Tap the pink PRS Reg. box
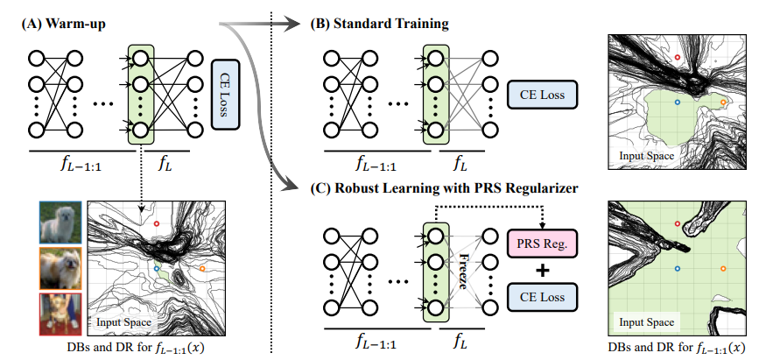pyautogui.click(x=543, y=243)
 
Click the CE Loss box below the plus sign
pyautogui.click(x=543, y=297)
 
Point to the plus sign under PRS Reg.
pyautogui.click(x=543, y=270)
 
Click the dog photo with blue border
pyautogui.click(x=58, y=222)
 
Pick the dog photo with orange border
pyautogui.click(x=58, y=267)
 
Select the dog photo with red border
pyautogui.click(x=58, y=314)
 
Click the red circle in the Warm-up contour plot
pyautogui.click(x=157, y=224)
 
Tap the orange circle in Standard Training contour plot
pyautogui.click(x=723, y=102)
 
